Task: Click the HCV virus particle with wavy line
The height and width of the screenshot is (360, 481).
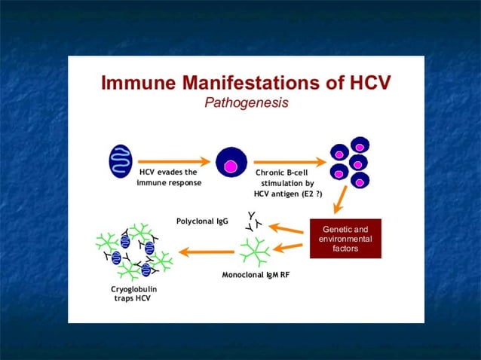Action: [121, 161]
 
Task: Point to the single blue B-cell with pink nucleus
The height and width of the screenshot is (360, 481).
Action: [231, 163]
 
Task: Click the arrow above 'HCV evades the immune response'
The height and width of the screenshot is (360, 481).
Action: [173, 160]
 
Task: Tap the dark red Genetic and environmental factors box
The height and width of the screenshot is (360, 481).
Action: [345, 239]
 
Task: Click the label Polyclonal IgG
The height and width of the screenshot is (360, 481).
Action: [202, 221]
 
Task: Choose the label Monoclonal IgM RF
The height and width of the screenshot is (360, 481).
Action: [256, 275]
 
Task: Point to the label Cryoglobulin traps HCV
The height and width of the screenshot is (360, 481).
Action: [129, 293]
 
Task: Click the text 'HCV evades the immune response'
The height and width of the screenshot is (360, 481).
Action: [169, 177]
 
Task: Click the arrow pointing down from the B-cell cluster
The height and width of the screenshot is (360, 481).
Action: [341, 200]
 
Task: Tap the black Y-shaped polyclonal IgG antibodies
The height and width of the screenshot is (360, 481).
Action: [253, 221]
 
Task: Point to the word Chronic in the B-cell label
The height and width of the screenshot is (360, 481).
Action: [271, 172]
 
